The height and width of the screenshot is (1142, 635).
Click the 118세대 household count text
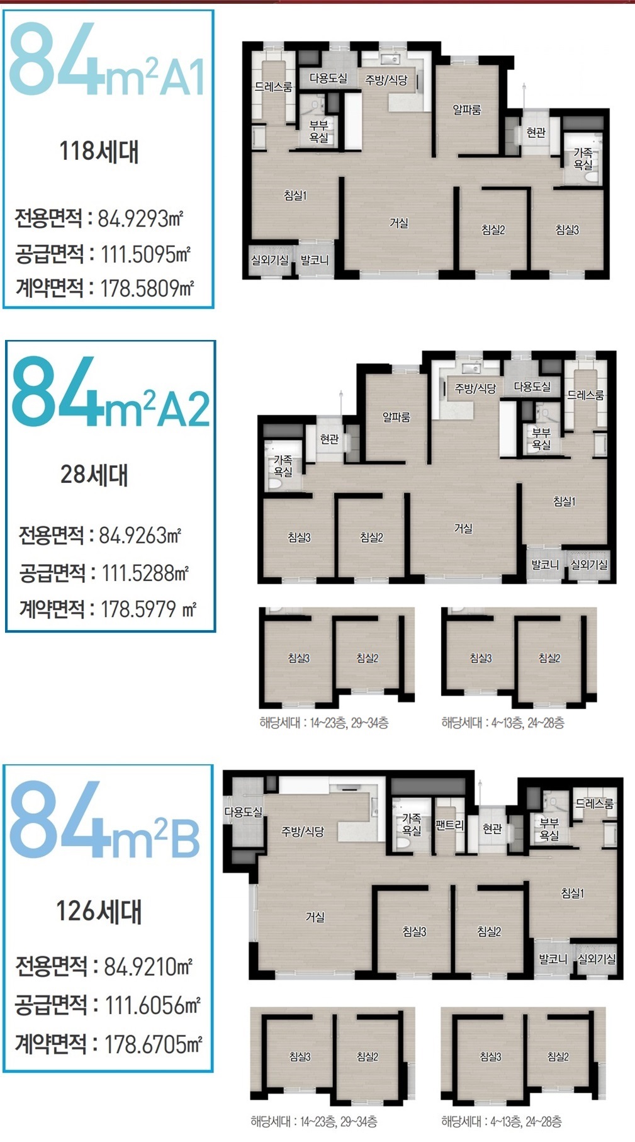click(99, 152)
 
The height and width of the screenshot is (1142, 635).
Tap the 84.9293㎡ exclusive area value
click(140, 218)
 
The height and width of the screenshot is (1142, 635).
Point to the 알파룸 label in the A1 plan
click(467, 110)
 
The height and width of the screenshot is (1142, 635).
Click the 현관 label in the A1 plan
click(536, 132)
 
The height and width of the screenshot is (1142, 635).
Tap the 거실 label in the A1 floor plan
click(399, 223)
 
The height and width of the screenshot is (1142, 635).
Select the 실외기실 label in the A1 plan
click(269, 259)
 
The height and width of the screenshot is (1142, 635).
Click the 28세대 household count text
click(94, 474)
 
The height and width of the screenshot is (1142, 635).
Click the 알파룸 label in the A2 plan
click(396, 417)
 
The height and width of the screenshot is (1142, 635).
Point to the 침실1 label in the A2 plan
click(565, 501)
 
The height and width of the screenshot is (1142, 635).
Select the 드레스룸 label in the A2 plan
click(585, 395)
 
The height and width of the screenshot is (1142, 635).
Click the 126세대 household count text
click(99, 911)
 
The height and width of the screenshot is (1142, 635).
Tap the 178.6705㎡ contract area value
click(153, 1044)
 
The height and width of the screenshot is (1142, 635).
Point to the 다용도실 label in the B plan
click(244, 812)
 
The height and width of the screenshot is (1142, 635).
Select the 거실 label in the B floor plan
click(315, 917)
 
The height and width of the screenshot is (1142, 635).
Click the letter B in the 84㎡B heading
click(185, 838)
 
